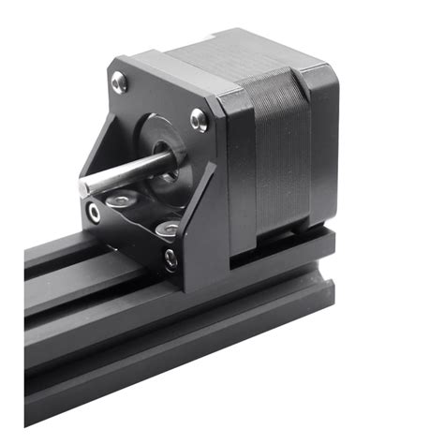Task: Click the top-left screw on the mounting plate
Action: pos(120,83)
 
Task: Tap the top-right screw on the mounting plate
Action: pos(199,119)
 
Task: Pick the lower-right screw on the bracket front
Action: pos(170,259)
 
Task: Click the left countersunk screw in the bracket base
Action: pos(120,200)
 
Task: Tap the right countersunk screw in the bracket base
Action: pos(169,228)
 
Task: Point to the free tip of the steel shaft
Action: pos(85,187)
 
